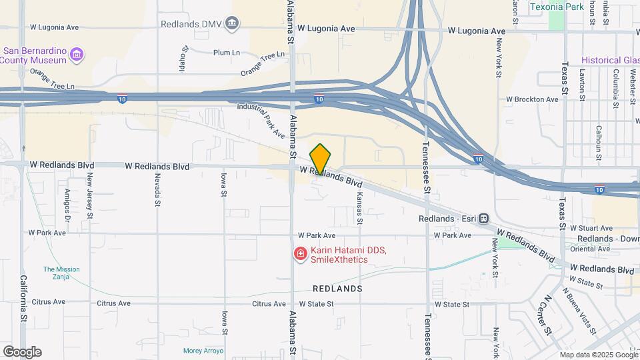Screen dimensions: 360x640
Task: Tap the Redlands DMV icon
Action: click(x=232, y=24)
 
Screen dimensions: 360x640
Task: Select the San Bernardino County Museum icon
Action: click(x=77, y=54)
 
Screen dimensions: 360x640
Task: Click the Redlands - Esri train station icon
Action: click(x=483, y=219)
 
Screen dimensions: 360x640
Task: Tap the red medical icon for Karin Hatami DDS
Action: click(x=301, y=254)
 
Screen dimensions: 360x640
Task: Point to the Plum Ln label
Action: click(x=227, y=53)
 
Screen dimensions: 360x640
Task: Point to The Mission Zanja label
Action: click(x=61, y=273)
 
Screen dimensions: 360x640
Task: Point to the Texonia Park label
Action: click(x=557, y=7)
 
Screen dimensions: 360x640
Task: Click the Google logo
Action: click(x=22, y=351)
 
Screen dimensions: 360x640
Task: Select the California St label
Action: click(x=23, y=301)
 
